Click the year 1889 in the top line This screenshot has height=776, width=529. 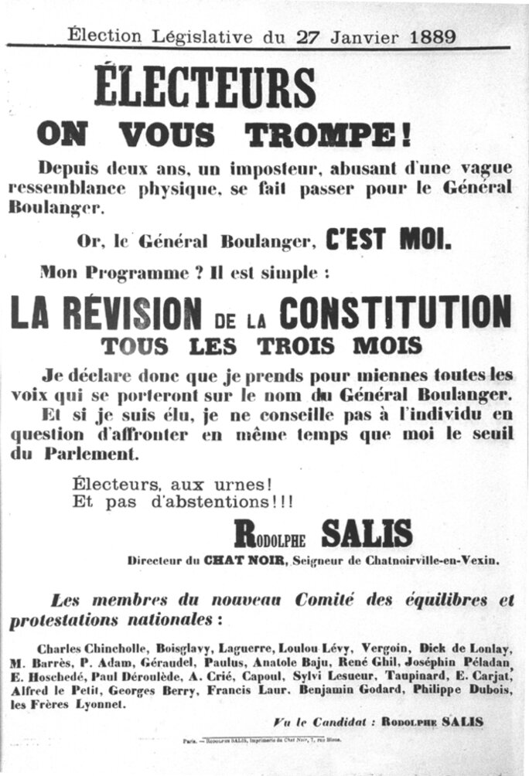(x=423, y=36)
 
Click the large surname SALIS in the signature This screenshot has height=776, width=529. (x=366, y=534)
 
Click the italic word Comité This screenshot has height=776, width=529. (x=330, y=600)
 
